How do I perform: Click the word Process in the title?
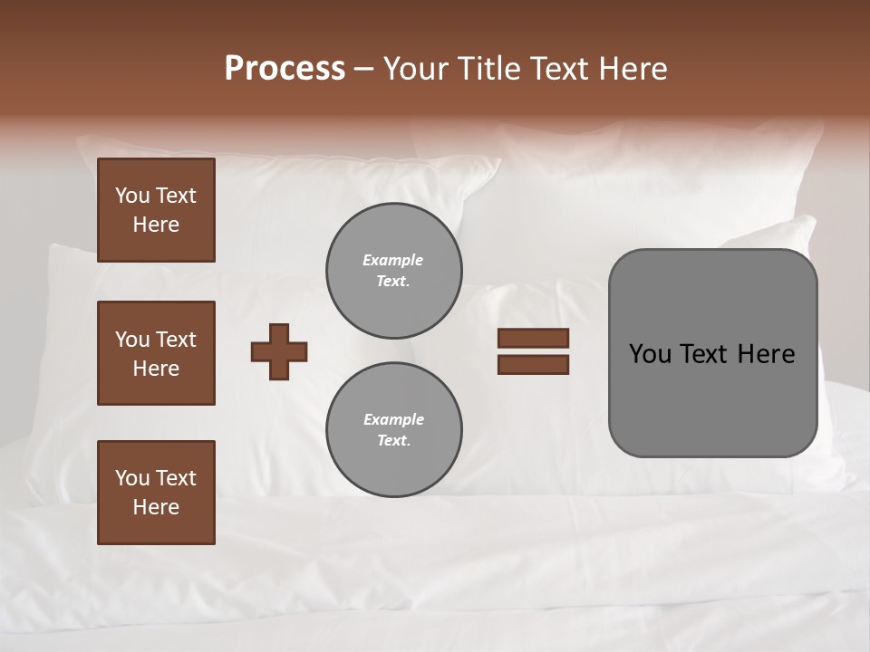tap(285, 68)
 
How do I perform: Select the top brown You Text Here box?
tap(156, 210)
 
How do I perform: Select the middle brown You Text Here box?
tap(156, 353)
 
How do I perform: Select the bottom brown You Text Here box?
tap(156, 493)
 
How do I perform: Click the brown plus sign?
tap(279, 351)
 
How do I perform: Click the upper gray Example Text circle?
tap(393, 271)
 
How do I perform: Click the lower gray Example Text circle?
tap(393, 429)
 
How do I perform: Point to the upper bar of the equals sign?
tap(533, 338)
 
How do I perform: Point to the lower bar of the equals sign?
tap(533, 364)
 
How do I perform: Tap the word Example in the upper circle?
tap(393, 260)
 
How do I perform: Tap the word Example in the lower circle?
tap(393, 419)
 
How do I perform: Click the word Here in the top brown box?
tap(156, 225)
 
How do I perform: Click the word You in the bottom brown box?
tap(132, 478)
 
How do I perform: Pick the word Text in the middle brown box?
tap(175, 340)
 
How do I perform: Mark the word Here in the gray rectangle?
tap(766, 354)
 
